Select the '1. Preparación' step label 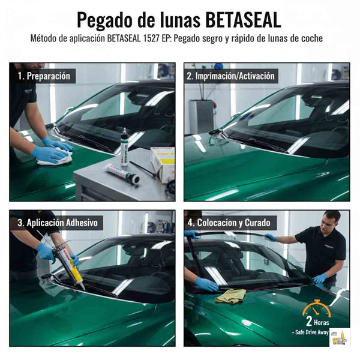(43, 76)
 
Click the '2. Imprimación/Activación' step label (230, 76)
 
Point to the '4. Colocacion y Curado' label (228, 223)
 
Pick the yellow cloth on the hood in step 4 (230, 295)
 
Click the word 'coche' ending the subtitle (312, 38)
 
